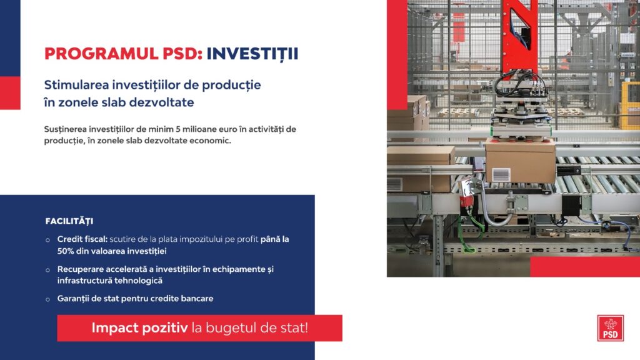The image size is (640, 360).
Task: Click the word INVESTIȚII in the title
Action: coord(252,54)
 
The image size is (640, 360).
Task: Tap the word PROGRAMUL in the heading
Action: coord(101,54)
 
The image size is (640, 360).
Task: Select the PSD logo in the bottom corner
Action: coord(610,327)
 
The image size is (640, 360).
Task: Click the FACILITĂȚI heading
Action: coord(69,221)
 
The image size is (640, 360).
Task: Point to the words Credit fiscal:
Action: coord(82,239)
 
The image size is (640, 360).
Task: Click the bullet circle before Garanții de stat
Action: coord(47,299)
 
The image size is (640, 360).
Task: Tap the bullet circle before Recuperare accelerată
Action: coord(47,270)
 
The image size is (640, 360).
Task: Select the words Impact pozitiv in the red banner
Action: coord(139,327)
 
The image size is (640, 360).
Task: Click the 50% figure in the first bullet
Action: coord(65,251)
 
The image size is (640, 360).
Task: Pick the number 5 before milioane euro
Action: coord(178,129)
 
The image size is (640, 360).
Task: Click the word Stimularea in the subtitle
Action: coord(76,85)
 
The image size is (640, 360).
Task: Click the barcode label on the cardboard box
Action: coord(501,175)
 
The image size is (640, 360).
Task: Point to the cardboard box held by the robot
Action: coord(521,161)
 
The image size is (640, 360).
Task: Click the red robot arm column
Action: coord(519,36)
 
